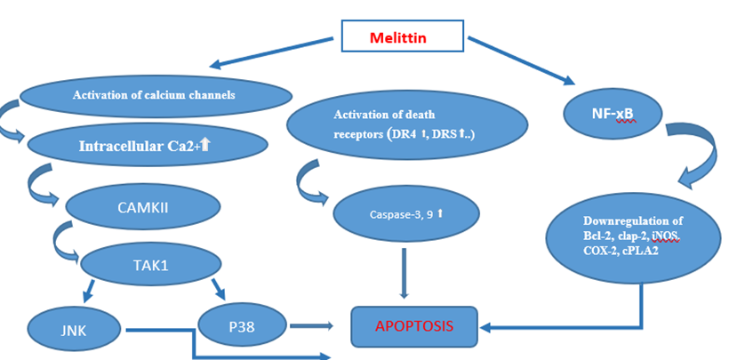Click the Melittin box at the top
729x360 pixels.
pos(404,39)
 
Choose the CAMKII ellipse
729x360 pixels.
pos(143,207)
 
